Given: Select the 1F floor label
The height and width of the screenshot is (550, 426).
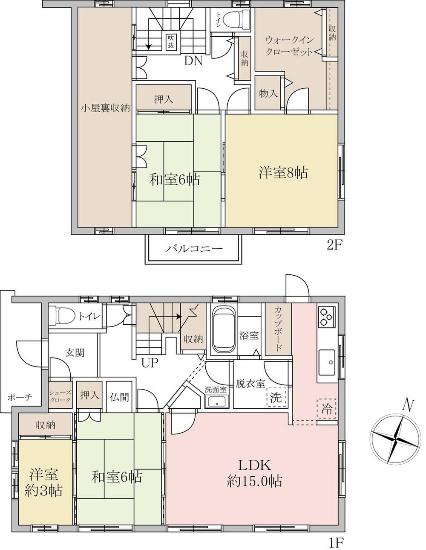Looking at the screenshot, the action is coord(336,542).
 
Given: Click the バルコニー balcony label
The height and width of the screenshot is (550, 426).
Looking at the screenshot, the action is coord(194,249).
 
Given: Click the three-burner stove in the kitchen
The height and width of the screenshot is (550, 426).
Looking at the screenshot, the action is coord(326,317).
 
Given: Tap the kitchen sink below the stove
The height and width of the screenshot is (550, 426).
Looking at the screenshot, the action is coord(327,362).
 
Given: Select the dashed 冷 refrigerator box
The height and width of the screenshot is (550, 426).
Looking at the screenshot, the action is coord(327,408).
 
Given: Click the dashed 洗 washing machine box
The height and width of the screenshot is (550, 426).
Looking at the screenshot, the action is coord(276,397).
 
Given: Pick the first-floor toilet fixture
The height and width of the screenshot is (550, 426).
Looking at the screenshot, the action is coord(62,315).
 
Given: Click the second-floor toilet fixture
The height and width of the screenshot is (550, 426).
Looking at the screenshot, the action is coord(241,17).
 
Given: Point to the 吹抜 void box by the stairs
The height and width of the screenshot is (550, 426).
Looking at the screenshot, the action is coord(171,41).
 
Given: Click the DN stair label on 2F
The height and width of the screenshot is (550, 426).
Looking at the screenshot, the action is coord(193,61).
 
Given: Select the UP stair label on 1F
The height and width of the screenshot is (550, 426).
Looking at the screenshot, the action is coord(150,364).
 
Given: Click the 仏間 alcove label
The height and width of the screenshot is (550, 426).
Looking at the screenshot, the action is coord(119,397).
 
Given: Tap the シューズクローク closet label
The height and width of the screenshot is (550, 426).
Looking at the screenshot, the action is coord(60,396).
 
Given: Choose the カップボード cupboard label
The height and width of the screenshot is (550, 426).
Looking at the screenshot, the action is coord(278,329).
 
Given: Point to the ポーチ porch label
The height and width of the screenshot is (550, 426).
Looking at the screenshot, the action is coord(20,397).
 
